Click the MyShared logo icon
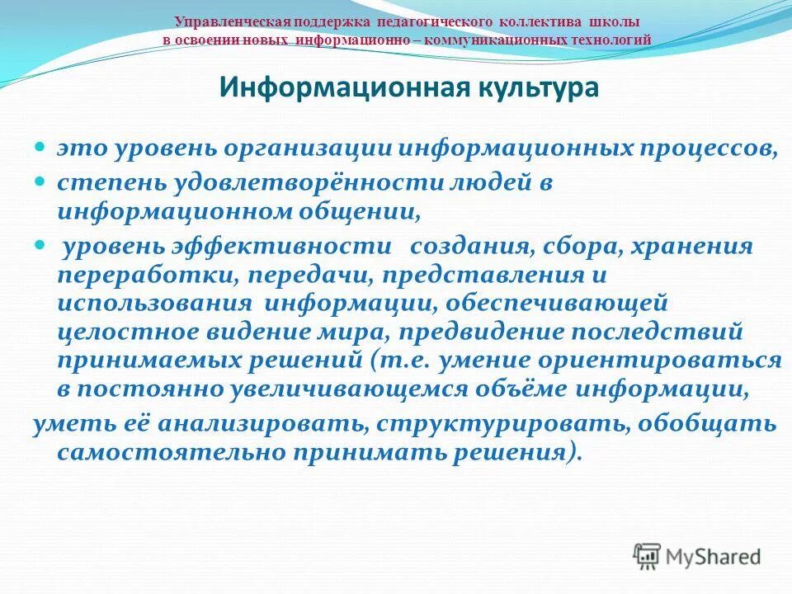648,556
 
